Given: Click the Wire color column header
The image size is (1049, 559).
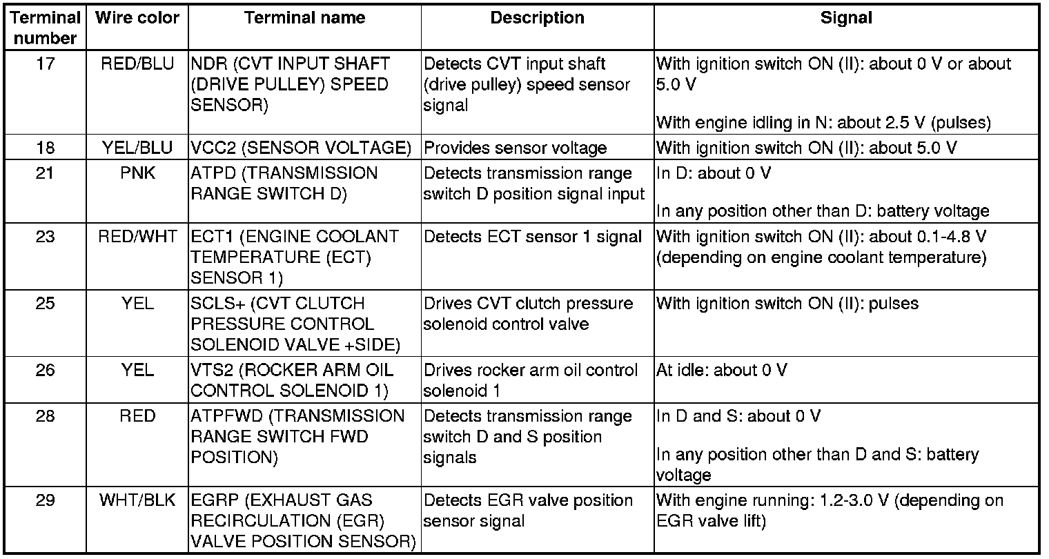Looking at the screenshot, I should [x=137, y=19].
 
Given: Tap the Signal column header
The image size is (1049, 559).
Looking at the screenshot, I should [x=845, y=19].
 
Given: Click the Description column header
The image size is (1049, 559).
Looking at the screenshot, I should [x=537, y=19].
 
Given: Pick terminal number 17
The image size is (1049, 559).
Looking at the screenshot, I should [x=46, y=64].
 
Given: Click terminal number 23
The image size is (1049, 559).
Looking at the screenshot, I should [x=46, y=237].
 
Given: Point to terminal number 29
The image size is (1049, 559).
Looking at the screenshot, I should [x=46, y=500].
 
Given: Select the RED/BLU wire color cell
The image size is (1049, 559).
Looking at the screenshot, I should [x=137, y=64].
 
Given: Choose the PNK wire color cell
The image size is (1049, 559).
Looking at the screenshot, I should [x=137, y=173].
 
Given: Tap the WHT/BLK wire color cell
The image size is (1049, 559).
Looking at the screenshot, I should [x=137, y=500].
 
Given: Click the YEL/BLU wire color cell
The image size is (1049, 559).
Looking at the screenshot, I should [x=137, y=148].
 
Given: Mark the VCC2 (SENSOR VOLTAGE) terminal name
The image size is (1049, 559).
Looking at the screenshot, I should [x=301, y=148].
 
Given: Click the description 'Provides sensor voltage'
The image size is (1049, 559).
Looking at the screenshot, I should [x=515, y=148].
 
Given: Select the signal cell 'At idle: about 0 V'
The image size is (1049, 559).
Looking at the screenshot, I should [x=721, y=371].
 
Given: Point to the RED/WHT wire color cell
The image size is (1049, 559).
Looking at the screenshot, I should [x=137, y=237].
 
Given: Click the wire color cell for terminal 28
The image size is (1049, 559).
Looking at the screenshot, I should [x=137, y=416].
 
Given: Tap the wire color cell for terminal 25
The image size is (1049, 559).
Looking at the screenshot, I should [x=137, y=304].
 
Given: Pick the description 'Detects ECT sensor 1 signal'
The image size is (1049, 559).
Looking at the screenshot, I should [x=533, y=237].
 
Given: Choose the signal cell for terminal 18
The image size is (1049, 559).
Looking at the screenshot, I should [x=806, y=148].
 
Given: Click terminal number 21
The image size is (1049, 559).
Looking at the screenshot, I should [x=46, y=173].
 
